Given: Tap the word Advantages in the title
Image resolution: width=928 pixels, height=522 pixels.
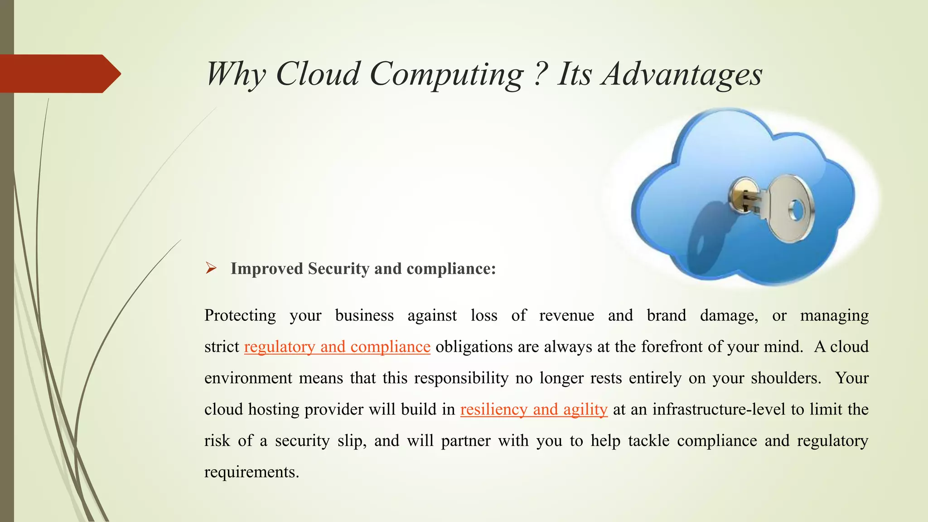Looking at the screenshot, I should tap(682, 75).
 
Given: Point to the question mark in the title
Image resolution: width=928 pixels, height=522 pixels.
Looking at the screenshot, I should tap(539, 74).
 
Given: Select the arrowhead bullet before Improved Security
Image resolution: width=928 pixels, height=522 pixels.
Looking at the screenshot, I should tap(211, 268).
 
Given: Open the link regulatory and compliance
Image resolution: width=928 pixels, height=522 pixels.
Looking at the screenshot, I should tap(337, 347).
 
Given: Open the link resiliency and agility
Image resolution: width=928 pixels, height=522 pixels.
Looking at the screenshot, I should tap(534, 409).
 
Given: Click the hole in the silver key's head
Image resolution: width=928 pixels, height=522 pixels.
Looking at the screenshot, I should tap(796, 210).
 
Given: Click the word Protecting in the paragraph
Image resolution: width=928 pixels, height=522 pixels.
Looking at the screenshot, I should tap(240, 315).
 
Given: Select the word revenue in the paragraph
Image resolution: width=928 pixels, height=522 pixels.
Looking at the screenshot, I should tap(566, 315).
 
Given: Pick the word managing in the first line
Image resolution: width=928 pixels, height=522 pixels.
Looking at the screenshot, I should tap(834, 315).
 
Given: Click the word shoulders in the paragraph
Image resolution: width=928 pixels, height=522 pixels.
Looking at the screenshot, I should tap(786, 378).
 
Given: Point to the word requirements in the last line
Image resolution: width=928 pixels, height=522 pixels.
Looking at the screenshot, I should tap(251, 472).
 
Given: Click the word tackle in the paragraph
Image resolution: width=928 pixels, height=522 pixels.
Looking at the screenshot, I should tap(648, 440).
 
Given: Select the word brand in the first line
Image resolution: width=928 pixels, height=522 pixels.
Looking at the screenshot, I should tap(666, 315).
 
